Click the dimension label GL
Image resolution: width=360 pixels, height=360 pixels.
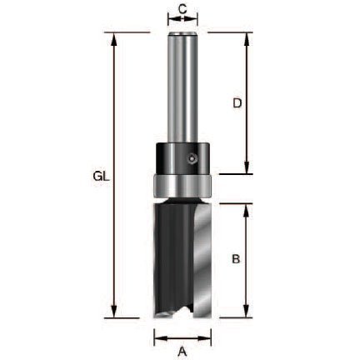point(102,177)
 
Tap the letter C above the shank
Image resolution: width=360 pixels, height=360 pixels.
point(182,9)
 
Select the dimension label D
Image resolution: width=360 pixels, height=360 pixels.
point(237,103)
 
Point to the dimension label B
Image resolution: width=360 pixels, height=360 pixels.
point(236,259)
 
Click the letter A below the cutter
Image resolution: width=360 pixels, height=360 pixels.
point(182,352)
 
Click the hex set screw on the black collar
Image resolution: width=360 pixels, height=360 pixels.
point(192,159)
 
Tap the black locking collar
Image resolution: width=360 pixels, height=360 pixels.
point(182,158)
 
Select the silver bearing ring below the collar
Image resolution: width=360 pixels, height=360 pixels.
point(182,186)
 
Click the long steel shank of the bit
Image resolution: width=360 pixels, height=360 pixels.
point(182,87)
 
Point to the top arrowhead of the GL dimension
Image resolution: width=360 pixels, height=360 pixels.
point(113,39)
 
